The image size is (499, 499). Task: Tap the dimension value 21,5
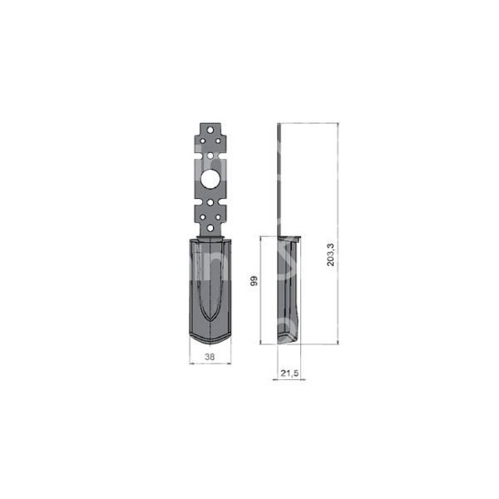click(289, 374)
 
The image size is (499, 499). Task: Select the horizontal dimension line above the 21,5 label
click(290, 379)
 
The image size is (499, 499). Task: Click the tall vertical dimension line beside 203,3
click(338, 233)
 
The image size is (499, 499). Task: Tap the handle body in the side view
click(290, 287)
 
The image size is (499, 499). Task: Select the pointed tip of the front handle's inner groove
click(210, 327)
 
